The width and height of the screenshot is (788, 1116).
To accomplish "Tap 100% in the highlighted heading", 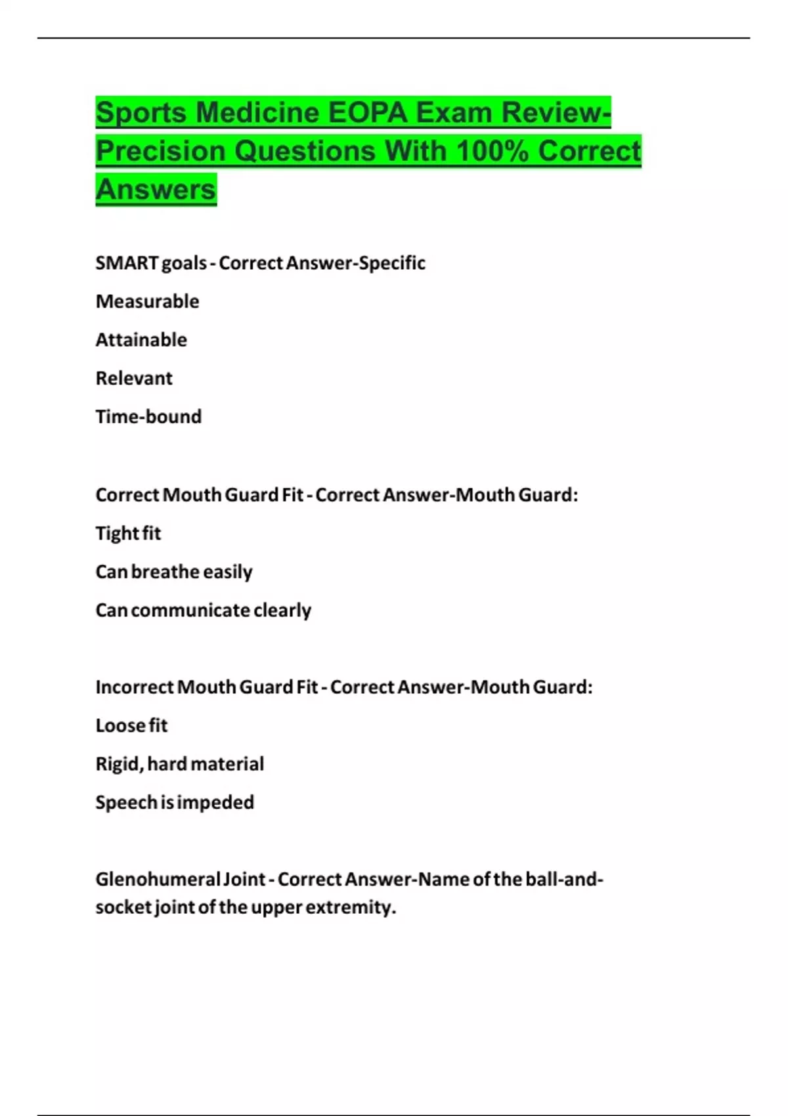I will coord(492,151).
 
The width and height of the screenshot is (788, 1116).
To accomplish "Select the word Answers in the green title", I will coord(156,190).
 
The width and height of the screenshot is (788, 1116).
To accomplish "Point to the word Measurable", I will coord(147,301).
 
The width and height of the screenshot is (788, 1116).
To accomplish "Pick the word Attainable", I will coord(141,340).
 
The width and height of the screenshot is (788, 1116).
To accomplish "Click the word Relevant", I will coord(134,378).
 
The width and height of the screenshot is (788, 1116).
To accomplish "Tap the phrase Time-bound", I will coord(148,417).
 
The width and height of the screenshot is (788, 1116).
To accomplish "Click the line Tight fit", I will coord(128,533).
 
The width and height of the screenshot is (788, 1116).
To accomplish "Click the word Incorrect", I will coord(135,687).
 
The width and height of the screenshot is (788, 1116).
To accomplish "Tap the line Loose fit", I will coord(131,725).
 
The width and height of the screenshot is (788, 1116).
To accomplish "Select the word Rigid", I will coord(119,764).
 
